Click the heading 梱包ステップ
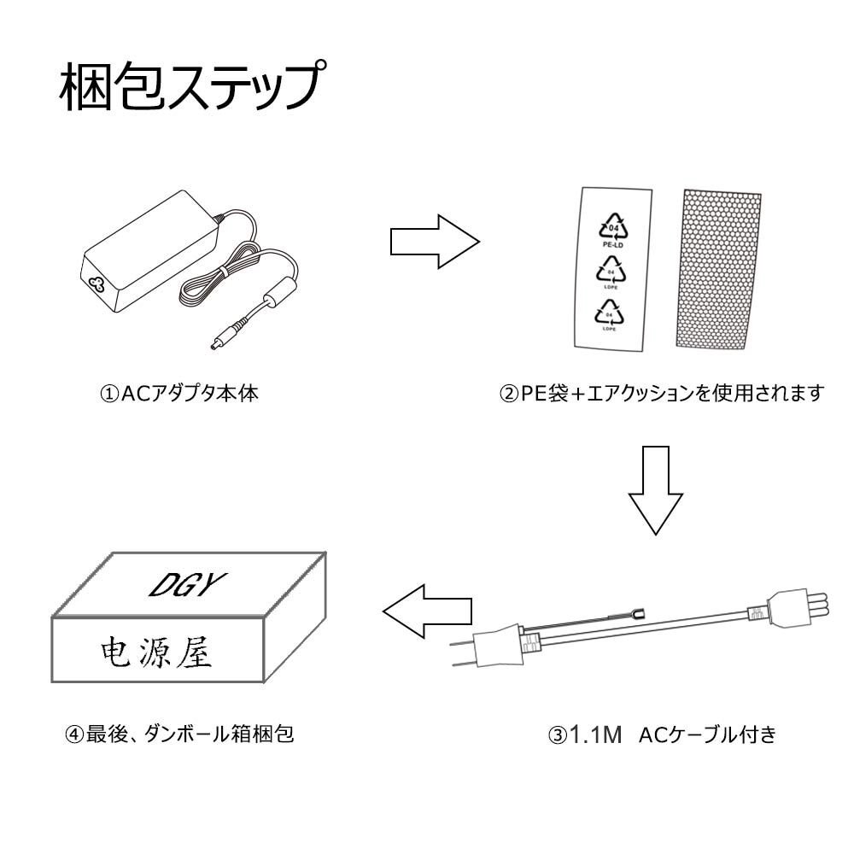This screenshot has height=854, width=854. [x=193, y=89]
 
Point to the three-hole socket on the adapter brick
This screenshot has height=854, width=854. [x=97, y=284]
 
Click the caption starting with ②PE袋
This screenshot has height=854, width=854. [x=662, y=395]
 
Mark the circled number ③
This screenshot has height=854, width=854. [x=558, y=734]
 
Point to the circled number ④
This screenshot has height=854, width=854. [x=74, y=734]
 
